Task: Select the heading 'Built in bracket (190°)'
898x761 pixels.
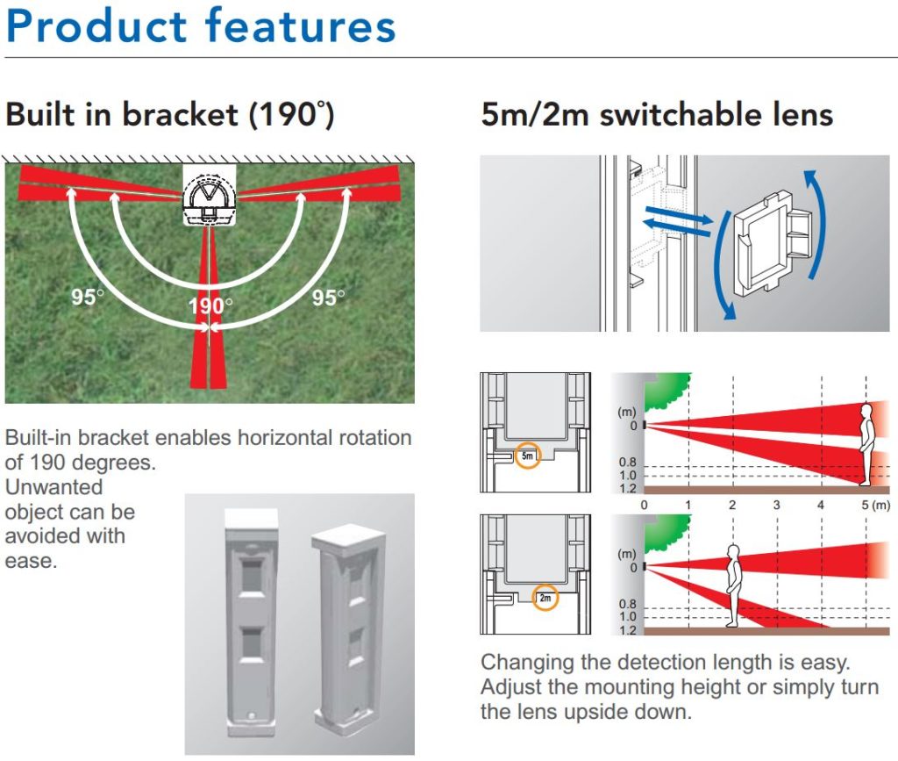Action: [x=170, y=115]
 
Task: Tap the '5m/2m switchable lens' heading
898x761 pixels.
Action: [x=657, y=115]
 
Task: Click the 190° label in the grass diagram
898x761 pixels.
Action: [x=210, y=306]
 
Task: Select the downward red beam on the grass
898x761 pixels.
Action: [x=209, y=351]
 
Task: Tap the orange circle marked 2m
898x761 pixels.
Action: [x=546, y=599]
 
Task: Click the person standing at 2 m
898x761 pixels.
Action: [x=733, y=585]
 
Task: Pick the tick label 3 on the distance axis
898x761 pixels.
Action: [x=776, y=505]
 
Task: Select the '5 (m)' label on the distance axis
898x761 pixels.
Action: [x=874, y=505]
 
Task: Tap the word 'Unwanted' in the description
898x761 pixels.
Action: [x=54, y=486]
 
